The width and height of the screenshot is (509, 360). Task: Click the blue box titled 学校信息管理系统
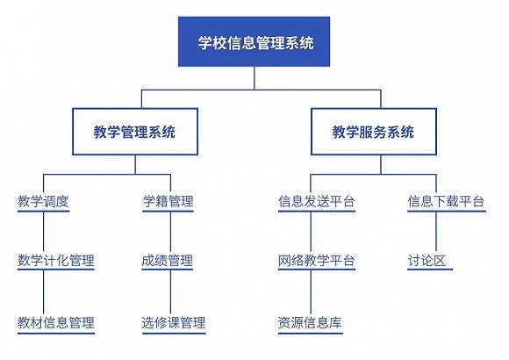pyautogui.click(x=254, y=41)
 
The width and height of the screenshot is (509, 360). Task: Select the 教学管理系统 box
pyautogui.click(x=135, y=132)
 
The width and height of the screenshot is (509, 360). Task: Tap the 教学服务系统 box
pyautogui.click(x=374, y=132)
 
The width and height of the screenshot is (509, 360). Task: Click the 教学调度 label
pyautogui.click(x=43, y=201)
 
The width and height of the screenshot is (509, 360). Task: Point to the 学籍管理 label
pyautogui.click(x=168, y=201)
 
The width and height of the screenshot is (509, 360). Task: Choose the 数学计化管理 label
pyautogui.click(x=56, y=261)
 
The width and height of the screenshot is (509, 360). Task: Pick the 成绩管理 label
pyautogui.click(x=168, y=261)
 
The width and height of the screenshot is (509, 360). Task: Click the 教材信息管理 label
pyautogui.click(x=56, y=322)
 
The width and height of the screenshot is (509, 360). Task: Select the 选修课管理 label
pyautogui.click(x=174, y=322)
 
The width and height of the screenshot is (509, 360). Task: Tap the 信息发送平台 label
pyautogui.click(x=317, y=201)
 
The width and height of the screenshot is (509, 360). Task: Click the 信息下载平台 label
pyautogui.click(x=446, y=201)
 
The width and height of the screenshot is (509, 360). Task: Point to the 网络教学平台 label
pyautogui.click(x=317, y=261)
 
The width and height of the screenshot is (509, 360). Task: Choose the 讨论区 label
pyautogui.click(x=427, y=261)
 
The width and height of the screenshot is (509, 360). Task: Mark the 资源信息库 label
pyautogui.click(x=310, y=322)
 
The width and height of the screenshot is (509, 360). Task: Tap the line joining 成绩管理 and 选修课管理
pyautogui.click(x=170, y=292)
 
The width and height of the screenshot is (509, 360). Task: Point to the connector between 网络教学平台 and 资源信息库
pyautogui.click(x=311, y=292)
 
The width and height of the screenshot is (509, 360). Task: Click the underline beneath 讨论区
pyautogui.click(x=430, y=270)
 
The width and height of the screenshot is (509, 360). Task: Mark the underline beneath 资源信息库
pyautogui.click(x=311, y=333)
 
